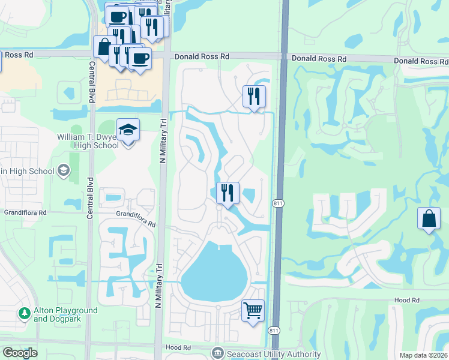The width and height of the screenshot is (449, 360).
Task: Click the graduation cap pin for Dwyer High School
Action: pos(128,130)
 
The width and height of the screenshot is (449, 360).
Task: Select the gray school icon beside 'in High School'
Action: pos(63,171)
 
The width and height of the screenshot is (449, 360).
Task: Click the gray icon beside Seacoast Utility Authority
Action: pos(217,353)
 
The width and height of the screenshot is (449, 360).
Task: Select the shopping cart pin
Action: pos(253,310)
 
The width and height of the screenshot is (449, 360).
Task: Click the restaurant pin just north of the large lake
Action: pos(228,193)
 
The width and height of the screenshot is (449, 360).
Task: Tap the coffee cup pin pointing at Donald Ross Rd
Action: pos(140,59)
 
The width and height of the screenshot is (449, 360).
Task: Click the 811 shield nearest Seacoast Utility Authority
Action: pos(274,331)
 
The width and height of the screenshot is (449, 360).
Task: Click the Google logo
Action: pos(19,352)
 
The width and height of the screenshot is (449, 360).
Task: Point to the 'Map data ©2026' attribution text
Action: pos(424,355)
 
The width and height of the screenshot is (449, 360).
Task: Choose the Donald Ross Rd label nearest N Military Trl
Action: pos(202,56)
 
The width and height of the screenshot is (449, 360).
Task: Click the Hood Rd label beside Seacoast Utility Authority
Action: pos(178,347)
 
